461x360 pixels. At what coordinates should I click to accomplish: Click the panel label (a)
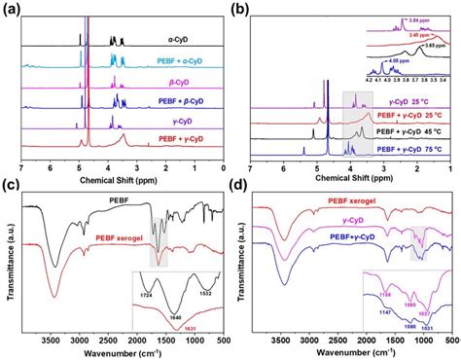[x=14, y=9]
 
